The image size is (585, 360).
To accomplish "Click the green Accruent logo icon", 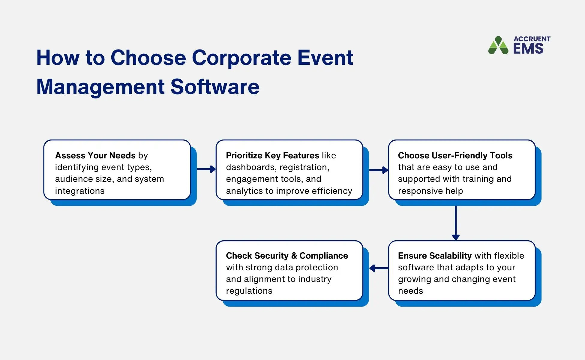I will click(498, 46).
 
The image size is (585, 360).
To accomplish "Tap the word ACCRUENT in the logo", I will click(532, 39).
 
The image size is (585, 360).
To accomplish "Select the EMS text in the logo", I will click(528, 49).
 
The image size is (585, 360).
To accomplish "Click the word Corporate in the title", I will click(241, 58).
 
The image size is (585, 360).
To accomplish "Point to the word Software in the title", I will click(215, 87).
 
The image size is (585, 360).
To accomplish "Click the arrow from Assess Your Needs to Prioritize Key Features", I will click(206, 169).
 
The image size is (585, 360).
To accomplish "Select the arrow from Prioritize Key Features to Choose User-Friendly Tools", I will click(379, 170).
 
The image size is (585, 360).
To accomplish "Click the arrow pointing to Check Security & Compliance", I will click(379, 268).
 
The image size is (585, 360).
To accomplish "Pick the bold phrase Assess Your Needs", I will click(95, 155).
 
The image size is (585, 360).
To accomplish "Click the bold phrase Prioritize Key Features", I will click(272, 155).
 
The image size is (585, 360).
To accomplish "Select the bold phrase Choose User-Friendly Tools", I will click(455, 155).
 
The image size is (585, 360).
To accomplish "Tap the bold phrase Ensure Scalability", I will click(435, 256).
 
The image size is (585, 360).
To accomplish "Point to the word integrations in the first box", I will click(79, 191).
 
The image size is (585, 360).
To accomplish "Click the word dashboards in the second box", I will click(250, 167).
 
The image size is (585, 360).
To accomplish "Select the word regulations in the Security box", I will click(249, 291).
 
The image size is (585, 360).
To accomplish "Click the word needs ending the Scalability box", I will click(410, 291).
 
